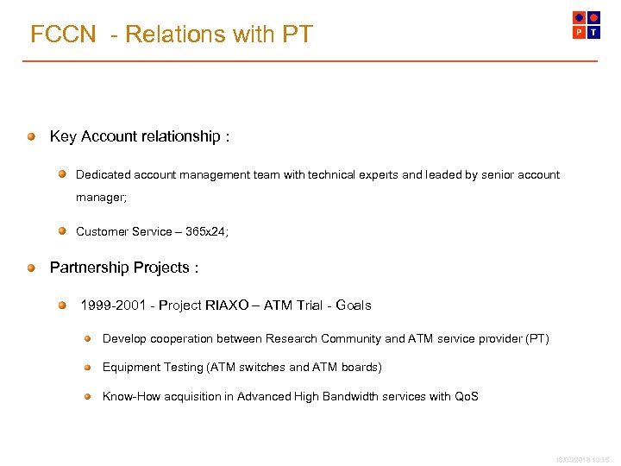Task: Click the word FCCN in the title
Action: coord(63,35)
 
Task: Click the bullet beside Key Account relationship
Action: coord(31,136)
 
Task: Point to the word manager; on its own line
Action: coord(101,198)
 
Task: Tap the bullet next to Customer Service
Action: coord(63,230)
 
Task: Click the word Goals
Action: coord(353,305)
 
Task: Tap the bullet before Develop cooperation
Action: coord(88,338)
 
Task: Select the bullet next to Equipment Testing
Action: coord(88,367)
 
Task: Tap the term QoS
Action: coord(467,396)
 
